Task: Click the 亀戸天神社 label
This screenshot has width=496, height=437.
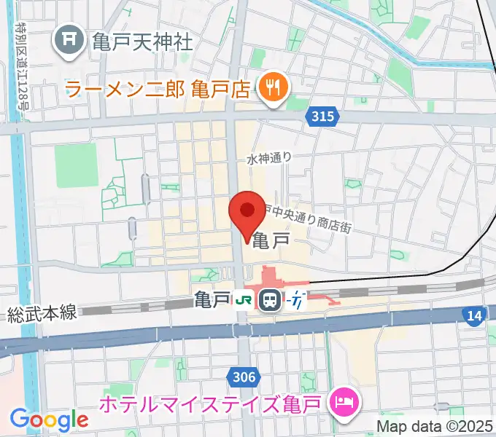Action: pyautogui.click(x=142, y=41)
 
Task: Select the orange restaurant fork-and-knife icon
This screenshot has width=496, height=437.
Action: pyautogui.click(x=274, y=90)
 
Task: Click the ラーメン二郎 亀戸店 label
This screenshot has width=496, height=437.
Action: pyautogui.click(x=158, y=90)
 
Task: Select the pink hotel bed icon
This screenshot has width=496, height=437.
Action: pyautogui.click(x=342, y=401)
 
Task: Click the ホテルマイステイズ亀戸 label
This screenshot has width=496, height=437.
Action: pyautogui.click(x=214, y=402)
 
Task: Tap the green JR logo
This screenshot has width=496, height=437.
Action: pyautogui.click(x=243, y=300)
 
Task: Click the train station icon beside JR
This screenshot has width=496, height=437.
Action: pyautogui.click(x=270, y=299)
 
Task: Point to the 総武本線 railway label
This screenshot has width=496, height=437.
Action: pyautogui.click(x=42, y=314)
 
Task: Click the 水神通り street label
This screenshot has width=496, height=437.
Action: pyautogui.click(x=269, y=158)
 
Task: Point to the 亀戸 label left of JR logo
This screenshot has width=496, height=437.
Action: pyautogui.click(x=212, y=299)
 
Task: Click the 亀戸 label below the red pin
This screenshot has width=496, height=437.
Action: pyautogui.click(x=271, y=237)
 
